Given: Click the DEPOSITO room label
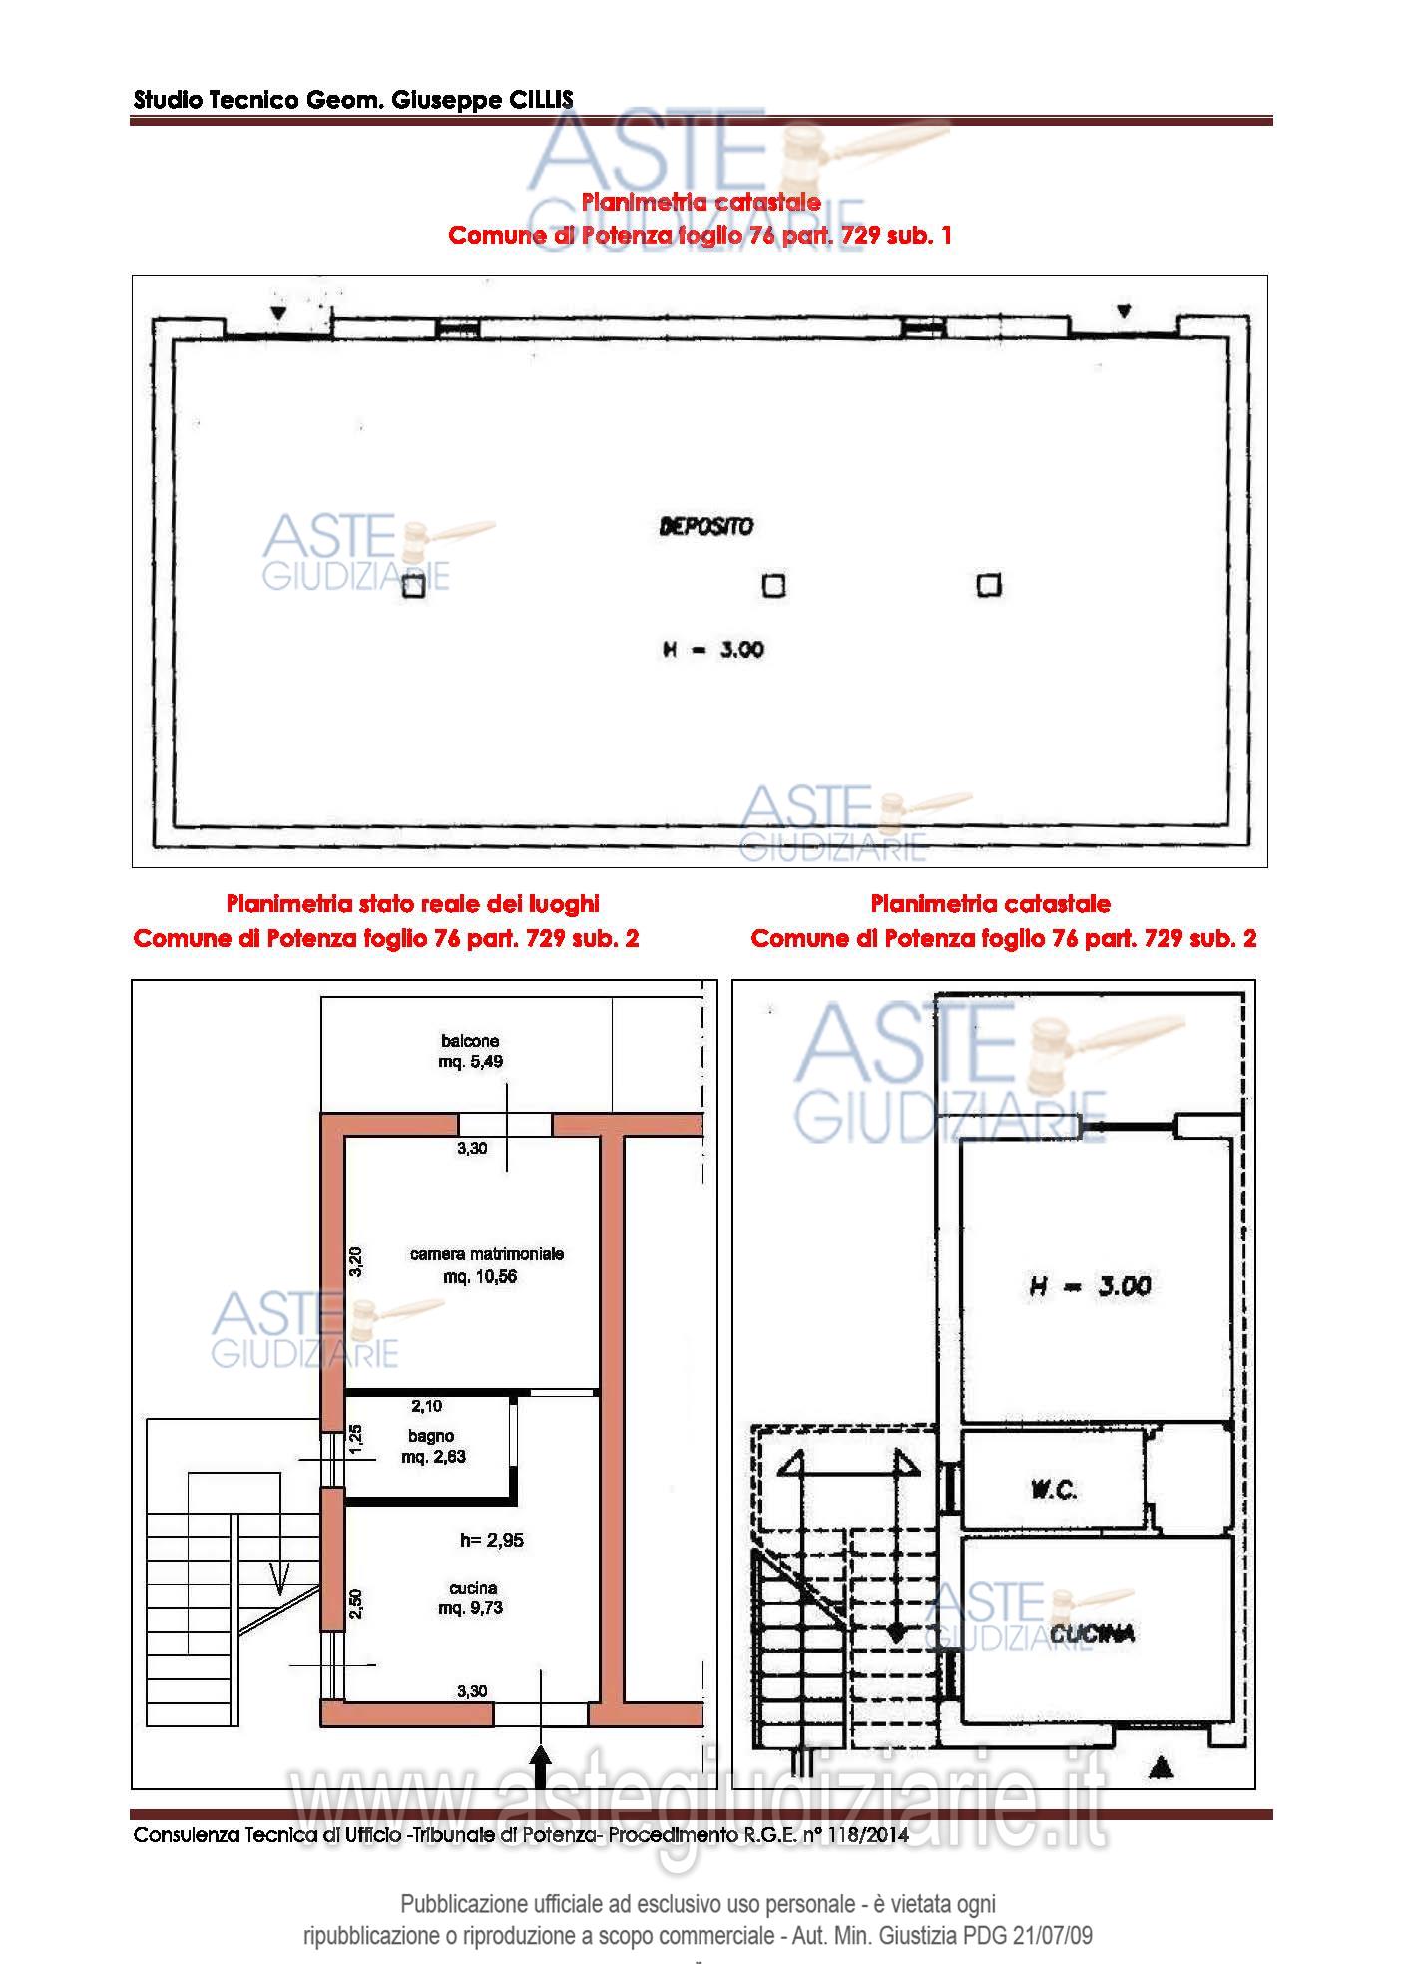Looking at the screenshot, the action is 705,525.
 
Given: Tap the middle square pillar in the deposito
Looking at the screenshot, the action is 773,585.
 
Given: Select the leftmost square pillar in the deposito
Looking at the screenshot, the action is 413,586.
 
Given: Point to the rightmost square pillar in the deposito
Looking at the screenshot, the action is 989,584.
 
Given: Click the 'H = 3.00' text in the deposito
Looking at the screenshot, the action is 712,649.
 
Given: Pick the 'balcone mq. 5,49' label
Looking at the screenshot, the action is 470,1051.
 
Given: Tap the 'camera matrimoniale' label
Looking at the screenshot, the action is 487,1253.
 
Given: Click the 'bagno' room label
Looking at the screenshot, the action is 430,1436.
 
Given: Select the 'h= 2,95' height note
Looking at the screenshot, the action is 491,1540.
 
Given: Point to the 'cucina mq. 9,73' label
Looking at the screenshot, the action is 472,1597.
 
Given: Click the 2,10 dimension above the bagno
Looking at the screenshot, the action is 427,1406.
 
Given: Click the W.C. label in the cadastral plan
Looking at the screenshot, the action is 1053,1490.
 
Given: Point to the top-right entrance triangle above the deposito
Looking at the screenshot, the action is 1124,311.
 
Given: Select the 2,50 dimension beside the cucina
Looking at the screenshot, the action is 356,1603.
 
